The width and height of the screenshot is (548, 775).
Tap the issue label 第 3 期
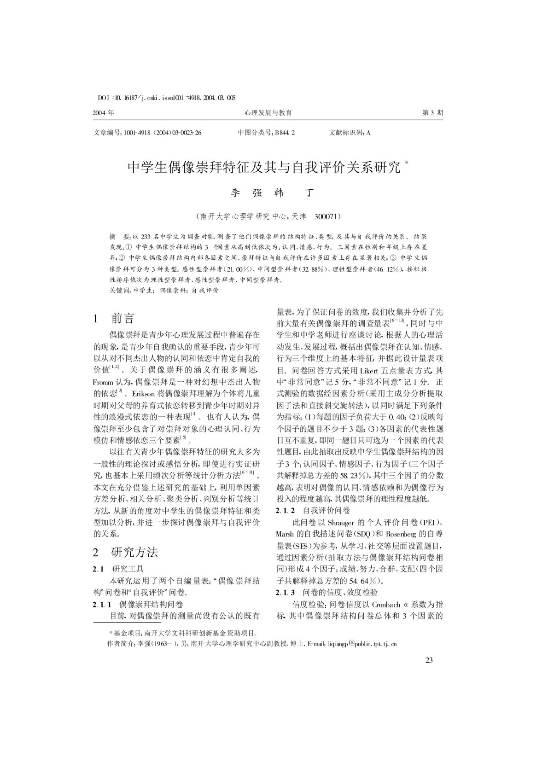[433, 113]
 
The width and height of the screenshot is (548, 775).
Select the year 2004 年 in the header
[104, 113]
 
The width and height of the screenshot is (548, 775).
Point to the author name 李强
[245, 193]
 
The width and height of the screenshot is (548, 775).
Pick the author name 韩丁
[290, 193]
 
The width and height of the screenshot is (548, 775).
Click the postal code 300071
[327, 216]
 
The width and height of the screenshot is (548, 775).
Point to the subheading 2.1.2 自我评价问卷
[313, 510]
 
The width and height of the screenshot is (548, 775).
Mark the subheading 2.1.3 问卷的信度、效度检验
[327, 592]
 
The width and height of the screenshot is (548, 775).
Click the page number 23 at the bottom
[429, 661]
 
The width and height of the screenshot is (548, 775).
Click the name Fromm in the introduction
[102, 382]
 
